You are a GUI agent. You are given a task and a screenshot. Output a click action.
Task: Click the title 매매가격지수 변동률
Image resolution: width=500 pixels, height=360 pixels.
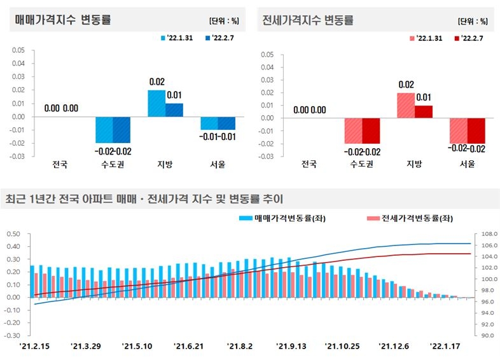[x=63, y=20]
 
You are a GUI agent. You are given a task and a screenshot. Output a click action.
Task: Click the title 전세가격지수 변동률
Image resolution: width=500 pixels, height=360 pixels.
[x=308, y=20]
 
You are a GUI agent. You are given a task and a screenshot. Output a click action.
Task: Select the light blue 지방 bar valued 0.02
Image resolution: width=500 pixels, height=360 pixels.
[x=156, y=103]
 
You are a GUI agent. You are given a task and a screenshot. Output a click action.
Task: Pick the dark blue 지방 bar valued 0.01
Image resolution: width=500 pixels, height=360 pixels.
[x=174, y=109]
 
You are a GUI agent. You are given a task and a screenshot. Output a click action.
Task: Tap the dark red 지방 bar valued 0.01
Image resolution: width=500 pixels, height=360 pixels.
[x=424, y=111]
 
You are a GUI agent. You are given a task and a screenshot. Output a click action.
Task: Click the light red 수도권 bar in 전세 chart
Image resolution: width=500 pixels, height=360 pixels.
[x=354, y=130]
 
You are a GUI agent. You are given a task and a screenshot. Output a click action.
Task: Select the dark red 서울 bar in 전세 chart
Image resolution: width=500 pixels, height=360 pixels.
[x=476, y=130]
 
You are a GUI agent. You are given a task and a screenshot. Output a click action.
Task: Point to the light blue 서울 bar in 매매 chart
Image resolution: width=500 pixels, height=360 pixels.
[x=209, y=123]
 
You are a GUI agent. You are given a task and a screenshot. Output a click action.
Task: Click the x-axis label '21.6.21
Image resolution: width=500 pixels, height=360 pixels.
[x=189, y=346]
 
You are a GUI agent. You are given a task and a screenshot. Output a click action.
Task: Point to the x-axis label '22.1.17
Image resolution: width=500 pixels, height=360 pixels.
[x=446, y=346]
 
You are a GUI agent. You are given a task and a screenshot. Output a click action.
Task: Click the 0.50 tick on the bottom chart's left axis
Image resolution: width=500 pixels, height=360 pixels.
[x=14, y=233]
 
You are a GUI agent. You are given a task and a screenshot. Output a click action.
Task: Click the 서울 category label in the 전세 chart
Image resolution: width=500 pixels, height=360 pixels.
[x=468, y=163]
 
